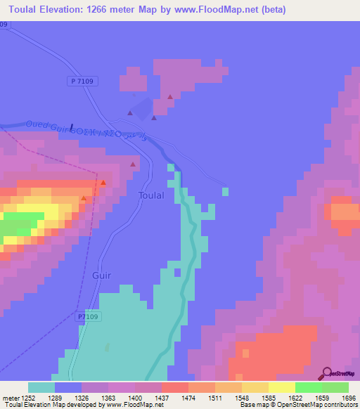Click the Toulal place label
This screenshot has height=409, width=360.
coord(152,195)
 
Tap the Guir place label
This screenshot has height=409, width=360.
coord(102,276)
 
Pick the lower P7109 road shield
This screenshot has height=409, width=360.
coord(88,318)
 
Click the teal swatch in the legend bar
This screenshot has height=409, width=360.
coord(41,387)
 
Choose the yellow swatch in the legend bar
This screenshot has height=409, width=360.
coord(281,387)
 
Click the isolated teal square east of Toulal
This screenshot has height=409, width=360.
coord(225,190)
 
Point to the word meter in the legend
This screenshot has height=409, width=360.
coord(10,398)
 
